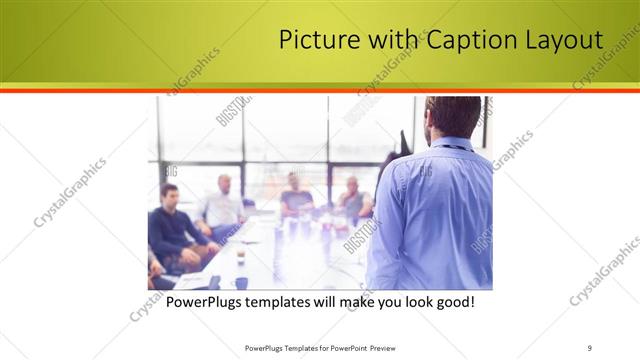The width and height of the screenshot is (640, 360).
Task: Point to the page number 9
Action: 590,347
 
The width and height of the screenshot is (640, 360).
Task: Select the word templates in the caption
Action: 290,301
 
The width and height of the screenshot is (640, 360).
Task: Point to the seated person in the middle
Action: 295,194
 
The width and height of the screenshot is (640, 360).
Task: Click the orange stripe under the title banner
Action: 320,90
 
